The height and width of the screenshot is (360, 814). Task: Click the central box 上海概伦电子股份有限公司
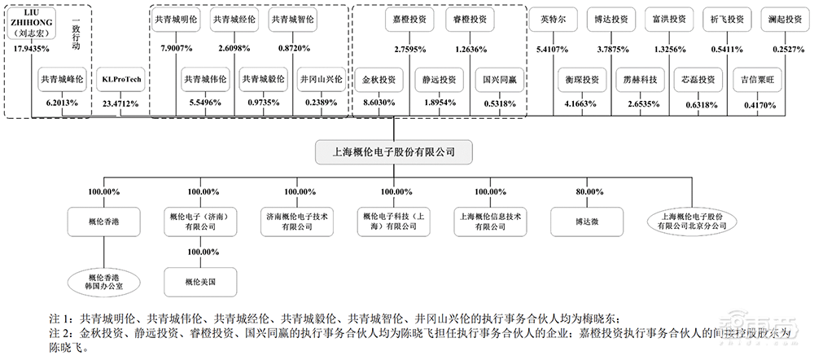click(395, 151)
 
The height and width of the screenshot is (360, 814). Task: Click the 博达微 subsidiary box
click(587, 220)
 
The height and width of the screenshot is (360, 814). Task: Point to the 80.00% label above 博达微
click(587, 192)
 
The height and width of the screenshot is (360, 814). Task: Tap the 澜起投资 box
click(779, 18)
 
